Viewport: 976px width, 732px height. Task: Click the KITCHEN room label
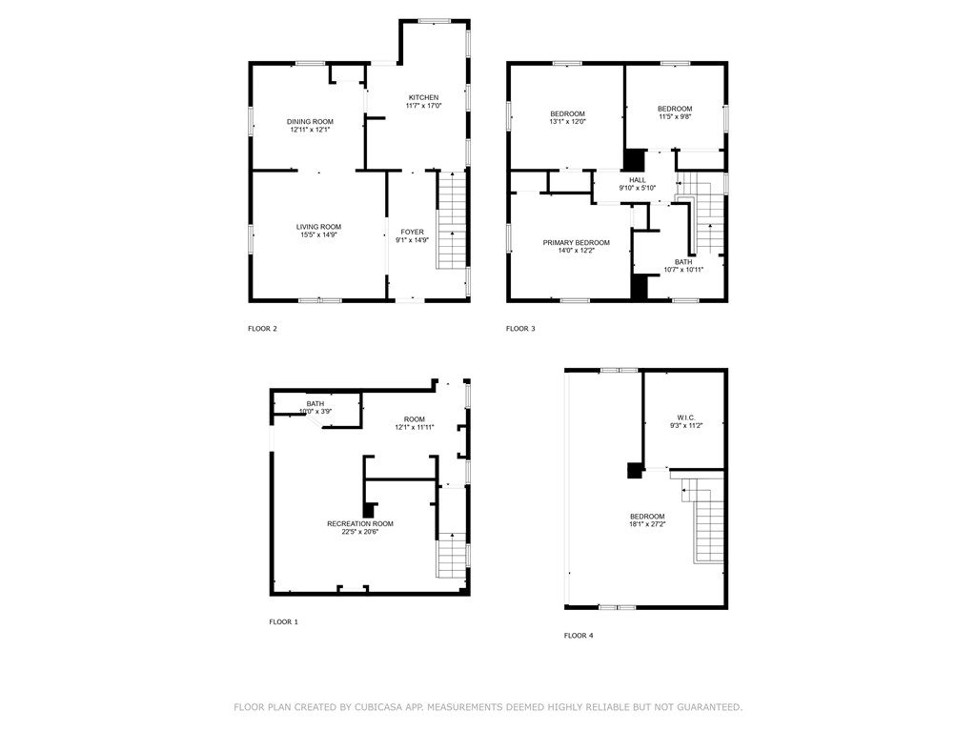[424, 98]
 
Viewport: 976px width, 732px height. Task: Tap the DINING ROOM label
[311, 121]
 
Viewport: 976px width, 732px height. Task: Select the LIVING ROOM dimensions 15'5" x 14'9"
[317, 234]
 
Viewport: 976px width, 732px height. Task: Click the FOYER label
[412, 232]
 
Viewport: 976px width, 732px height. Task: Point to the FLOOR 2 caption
[262, 329]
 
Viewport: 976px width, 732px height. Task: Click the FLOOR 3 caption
[520, 329]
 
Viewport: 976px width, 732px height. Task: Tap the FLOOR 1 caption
[283, 621]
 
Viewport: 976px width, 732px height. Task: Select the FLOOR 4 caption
[578, 635]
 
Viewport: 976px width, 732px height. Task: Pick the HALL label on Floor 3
[638, 180]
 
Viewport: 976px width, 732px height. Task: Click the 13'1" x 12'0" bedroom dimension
[567, 122]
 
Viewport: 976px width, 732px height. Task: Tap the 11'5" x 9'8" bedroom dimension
[675, 117]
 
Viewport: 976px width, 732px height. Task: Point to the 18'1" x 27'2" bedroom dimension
[647, 524]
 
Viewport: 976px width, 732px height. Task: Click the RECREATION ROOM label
[360, 523]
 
